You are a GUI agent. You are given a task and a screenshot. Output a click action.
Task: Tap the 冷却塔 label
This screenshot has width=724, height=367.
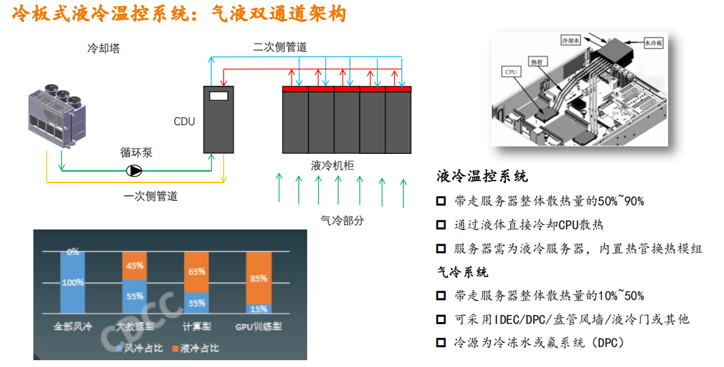[x=104, y=49]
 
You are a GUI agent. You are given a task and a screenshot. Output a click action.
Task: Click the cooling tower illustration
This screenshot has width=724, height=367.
[x=59, y=112]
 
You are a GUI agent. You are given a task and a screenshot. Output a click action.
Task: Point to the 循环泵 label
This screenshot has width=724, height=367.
[x=136, y=153]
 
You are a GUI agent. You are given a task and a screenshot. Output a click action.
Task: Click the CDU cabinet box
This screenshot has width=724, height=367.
[x=219, y=120]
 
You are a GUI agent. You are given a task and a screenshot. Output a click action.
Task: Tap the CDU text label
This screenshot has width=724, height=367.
[x=184, y=122]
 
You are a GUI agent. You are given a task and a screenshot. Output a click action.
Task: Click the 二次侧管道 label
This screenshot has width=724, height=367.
[x=280, y=48]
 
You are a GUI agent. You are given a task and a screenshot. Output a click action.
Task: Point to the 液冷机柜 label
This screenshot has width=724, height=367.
[x=332, y=165]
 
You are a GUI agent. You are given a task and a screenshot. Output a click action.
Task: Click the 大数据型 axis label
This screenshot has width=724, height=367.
[x=135, y=326]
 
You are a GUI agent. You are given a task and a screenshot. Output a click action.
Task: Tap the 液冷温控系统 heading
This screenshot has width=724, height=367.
[x=482, y=177]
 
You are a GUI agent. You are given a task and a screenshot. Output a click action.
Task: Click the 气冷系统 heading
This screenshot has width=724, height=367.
[x=462, y=272]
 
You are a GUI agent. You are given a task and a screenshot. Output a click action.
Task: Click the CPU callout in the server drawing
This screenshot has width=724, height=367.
[x=511, y=71]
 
